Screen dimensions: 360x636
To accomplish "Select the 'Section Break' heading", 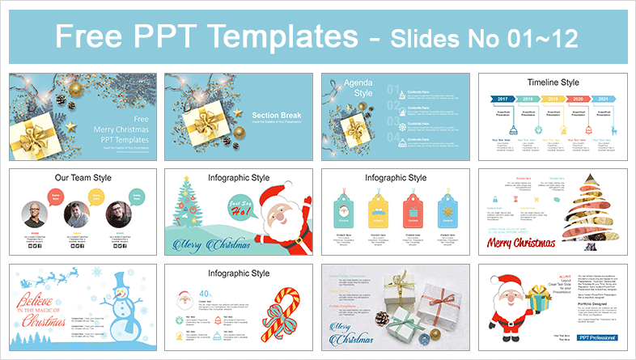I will (x=277, y=115).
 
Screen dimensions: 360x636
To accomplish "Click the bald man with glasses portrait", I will (x=35, y=214).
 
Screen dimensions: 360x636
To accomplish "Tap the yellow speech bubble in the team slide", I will (x=96, y=195).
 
